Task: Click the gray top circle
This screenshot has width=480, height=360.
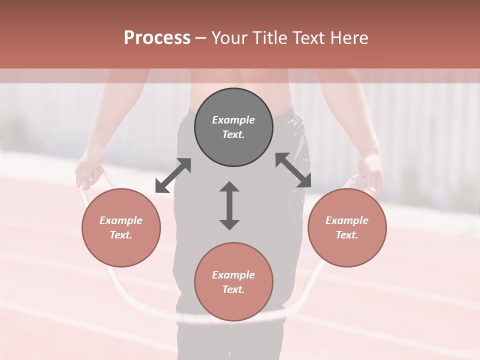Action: (233, 127)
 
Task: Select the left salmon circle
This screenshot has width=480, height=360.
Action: (121, 227)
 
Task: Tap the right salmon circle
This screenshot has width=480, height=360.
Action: (347, 227)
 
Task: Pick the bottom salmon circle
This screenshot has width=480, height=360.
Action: (233, 282)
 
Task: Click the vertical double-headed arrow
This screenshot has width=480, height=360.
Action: (229, 206)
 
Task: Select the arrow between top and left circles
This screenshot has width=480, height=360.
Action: (173, 175)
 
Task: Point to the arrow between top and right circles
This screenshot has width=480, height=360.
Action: (293, 170)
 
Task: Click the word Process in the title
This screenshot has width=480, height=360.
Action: (157, 38)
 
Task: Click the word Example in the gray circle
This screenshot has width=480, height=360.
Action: (233, 120)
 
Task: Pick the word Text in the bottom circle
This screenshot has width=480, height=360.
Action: (232, 289)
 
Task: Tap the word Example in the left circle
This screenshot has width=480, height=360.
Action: (121, 220)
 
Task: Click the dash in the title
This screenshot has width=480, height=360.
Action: (201, 38)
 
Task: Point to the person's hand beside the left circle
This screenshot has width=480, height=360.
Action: (89, 170)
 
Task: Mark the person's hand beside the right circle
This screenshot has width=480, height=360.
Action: (371, 172)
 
